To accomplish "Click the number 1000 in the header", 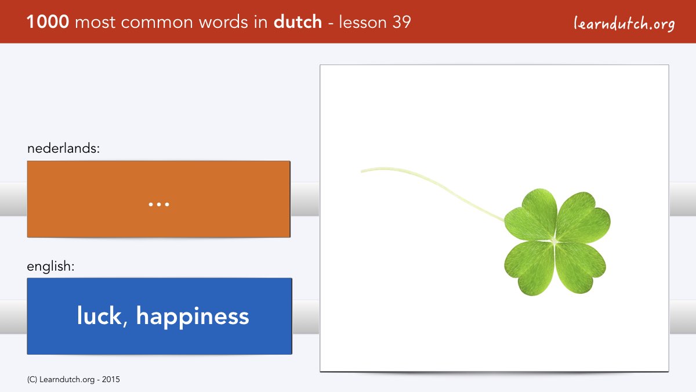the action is [x=48, y=22].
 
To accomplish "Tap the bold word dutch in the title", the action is [x=298, y=21].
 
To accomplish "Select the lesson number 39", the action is [x=401, y=22].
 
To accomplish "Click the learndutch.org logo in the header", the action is [x=624, y=24].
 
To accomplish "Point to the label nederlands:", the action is [x=63, y=148].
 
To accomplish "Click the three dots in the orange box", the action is [x=159, y=204].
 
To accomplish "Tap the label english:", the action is [x=50, y=267].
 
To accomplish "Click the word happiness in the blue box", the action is [x=193, y=317].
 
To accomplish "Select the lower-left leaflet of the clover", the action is [x=528, y=268].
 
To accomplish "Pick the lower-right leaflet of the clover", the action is [x=580, y=268].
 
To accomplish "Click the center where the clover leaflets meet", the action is [x=554, y=241].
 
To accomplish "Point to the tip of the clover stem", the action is [x=361, y=171].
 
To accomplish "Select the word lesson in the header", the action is [x=362, y=22].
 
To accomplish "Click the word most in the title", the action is [x=95, y=23].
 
